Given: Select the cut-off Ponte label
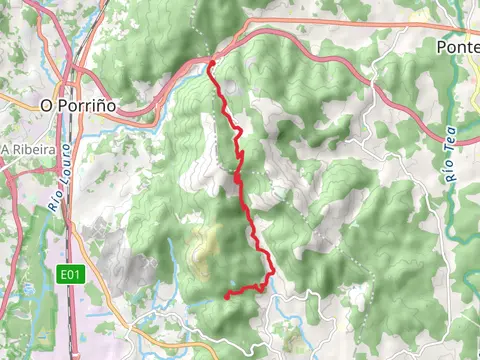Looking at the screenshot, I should [459, 47].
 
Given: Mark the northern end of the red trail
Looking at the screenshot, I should [211, 63].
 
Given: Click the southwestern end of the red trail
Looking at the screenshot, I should [227, 296].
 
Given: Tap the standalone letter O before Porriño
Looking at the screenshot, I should [45, 104].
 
